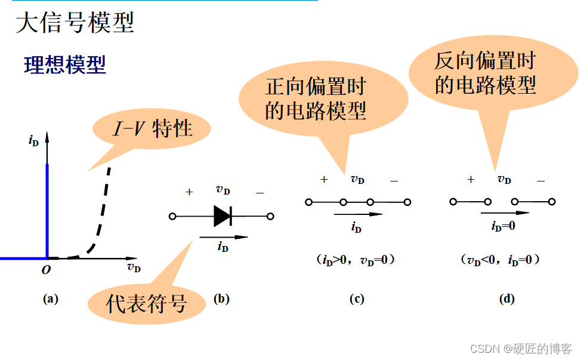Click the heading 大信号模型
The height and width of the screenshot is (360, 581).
pyautogui.click(x=75, y=23)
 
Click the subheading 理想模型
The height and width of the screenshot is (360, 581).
pyautogui.click(x=65, y=64)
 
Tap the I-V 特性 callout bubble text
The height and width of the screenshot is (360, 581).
pyautogui.click(x=153, y=128)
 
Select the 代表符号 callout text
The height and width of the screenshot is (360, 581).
pyautogui.click(x=147, y=303)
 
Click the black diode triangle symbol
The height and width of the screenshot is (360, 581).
pyautogui.click(x=222, y=216)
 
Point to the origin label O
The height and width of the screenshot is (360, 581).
pyautogui.click(x=46, y=270)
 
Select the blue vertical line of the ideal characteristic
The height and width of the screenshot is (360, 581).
pyautogui.click(x=47, y=209)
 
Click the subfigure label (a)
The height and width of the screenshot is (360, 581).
pyautogui.click(x=51, y=299)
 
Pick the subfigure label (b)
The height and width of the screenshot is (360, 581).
pyautogui.click(x=221, y=299)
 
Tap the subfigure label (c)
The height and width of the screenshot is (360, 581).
pyautogui.click(x=356, y=299)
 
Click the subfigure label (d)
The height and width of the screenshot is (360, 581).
pyautogui.click(x=506, y=299)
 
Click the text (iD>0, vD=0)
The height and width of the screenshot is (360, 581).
pyautogui.click(x=356, y=260)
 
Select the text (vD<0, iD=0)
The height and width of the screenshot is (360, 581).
pyautogui.click(x=500, y=260)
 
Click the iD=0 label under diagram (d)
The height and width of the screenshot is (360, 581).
pyautogui.click(x=503, y=226)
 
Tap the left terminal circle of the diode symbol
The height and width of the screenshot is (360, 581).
pyautogui.click(x=172, y=216)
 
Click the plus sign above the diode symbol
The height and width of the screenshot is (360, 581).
pyautogui.click(x=190, y=192)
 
